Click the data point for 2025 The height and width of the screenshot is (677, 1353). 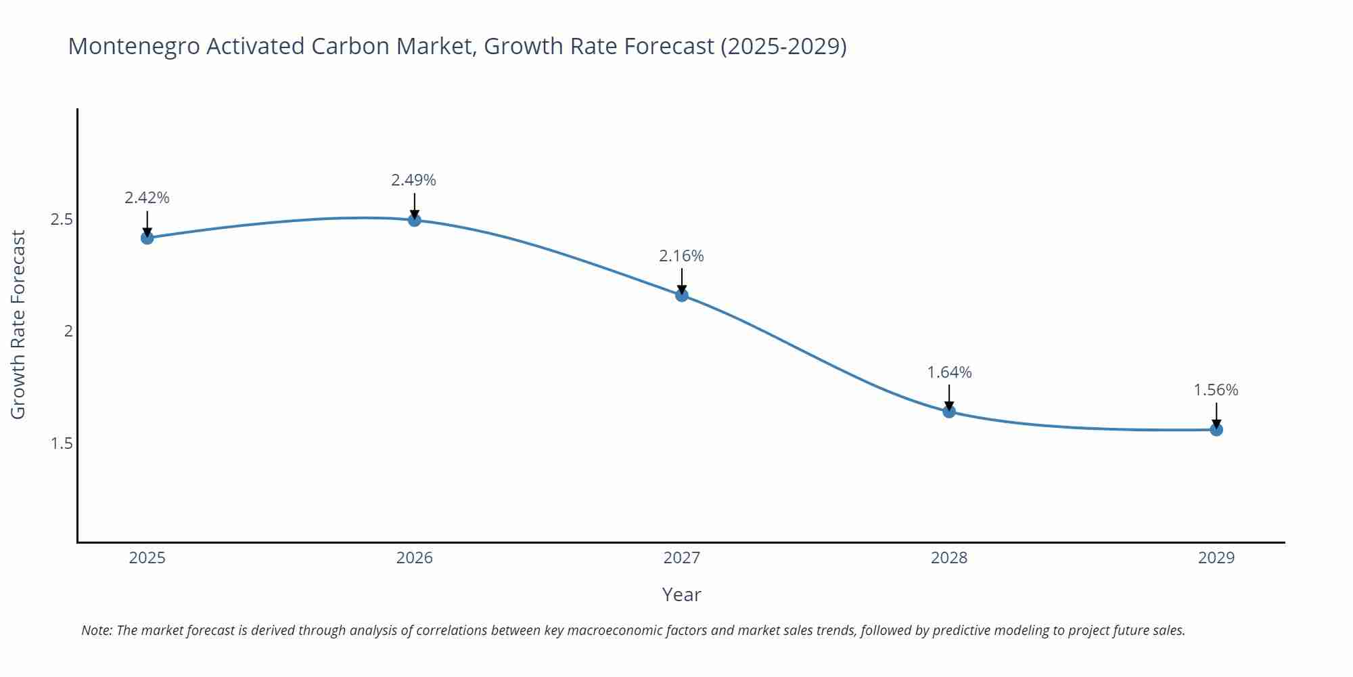(x=147, y=238)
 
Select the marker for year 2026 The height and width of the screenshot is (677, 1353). (x=415, y=220)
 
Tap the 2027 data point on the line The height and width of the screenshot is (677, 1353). (x=682, y=295)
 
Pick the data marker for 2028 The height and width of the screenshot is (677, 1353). (x=949, y=412)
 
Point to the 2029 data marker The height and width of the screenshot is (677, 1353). (x=1216, y=429)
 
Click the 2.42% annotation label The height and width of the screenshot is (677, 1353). (x=147, y=198)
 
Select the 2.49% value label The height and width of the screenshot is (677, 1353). (x=413, y=180)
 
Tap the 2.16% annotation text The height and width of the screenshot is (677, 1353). (x=681, y=256)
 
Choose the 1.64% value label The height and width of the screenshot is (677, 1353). (x=949, y=372)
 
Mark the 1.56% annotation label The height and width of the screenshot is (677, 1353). (x=1216, y=390)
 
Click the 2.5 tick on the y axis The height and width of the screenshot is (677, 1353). (x=62, y=219)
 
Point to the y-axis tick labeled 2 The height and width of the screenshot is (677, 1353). (x=68, y=331)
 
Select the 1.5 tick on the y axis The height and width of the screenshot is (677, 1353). (x=62, y=443)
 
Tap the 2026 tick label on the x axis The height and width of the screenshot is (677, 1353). (x=415, y=558)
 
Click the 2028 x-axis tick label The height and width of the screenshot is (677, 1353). (x=949, y=558)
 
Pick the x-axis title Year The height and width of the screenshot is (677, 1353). (x=681, y=594)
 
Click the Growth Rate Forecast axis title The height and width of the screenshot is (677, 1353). (x=18, y=324)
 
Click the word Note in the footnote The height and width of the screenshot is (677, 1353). (x=95, y=630)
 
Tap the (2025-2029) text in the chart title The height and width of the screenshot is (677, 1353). (x=783, y=46)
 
